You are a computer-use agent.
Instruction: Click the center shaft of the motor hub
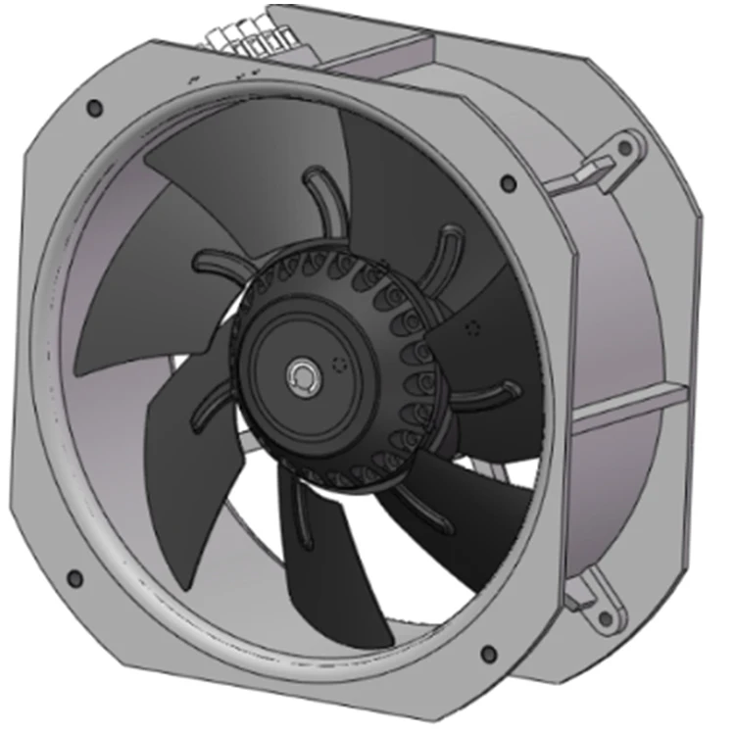300,375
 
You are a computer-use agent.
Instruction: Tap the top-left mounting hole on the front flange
94,107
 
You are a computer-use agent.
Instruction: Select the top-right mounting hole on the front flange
507,182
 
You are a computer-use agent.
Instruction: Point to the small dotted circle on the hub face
341,364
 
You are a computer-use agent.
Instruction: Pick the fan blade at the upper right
412,196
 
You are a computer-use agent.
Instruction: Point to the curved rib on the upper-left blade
220,263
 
